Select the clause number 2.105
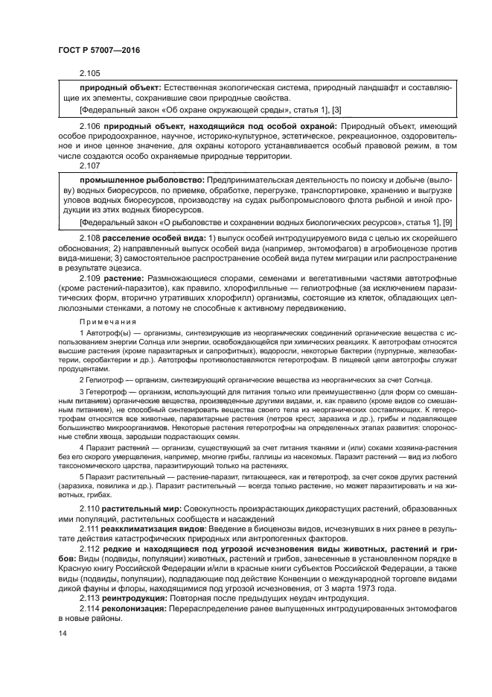pos(89,73)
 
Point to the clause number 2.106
pos(89,127)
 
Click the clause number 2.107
pos(89,166)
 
